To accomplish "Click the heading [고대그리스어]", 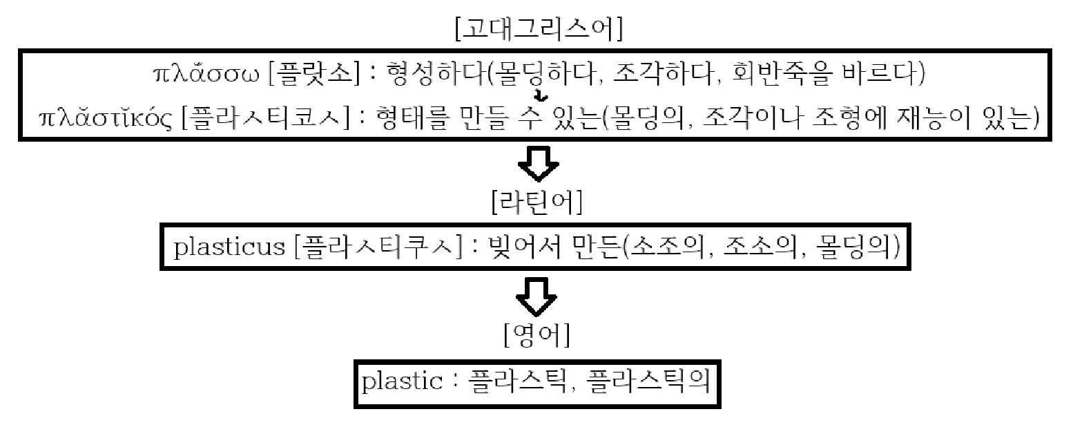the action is (539, 30).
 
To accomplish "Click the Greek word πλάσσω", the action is (206, 74).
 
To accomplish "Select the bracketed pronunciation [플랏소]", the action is (314, 74).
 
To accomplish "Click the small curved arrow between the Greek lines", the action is (542, 96).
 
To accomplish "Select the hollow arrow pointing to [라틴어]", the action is (539, 164).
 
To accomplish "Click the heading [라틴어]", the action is (537, 202).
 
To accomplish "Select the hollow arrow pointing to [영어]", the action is (536, 298).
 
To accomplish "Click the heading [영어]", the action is (537, 334).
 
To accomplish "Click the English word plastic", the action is (403, 382).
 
